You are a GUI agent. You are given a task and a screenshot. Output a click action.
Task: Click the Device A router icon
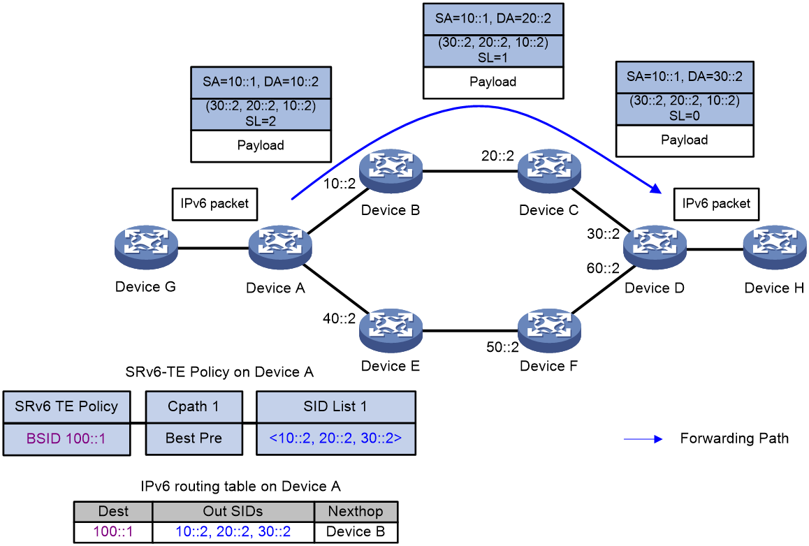pos(280,247)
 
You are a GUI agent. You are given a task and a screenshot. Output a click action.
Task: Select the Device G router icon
pos(146,247)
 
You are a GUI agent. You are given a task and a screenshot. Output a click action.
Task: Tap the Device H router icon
pos(775,247)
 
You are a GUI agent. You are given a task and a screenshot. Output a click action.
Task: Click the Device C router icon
pos(549,171)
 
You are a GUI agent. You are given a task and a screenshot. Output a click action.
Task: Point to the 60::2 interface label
pos(603,268)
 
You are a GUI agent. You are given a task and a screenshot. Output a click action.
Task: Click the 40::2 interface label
pos(340,318)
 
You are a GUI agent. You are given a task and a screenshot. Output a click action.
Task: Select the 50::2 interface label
pos(502,347)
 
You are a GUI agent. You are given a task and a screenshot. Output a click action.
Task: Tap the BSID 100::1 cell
pos(66,439)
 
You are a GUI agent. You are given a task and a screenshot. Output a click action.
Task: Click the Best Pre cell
pos(194,439)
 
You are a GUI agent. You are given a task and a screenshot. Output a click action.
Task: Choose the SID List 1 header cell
pos(336,407)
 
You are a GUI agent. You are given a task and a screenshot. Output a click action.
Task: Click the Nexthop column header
pos(356,512)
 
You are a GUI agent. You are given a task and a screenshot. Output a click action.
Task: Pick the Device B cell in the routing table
pos(356,532)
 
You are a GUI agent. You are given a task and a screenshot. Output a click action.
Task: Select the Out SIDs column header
pos(233,512)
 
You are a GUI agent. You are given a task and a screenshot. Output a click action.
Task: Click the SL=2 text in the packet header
pos(261,121)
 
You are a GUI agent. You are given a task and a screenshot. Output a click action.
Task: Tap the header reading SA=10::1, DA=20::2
pos(493,19)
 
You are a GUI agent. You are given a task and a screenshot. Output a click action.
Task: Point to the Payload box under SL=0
pos(685,140)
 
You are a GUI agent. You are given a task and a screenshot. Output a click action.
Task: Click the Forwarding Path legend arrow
pos(643,439)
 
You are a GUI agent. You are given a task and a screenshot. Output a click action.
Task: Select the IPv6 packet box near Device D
pos(716,204)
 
